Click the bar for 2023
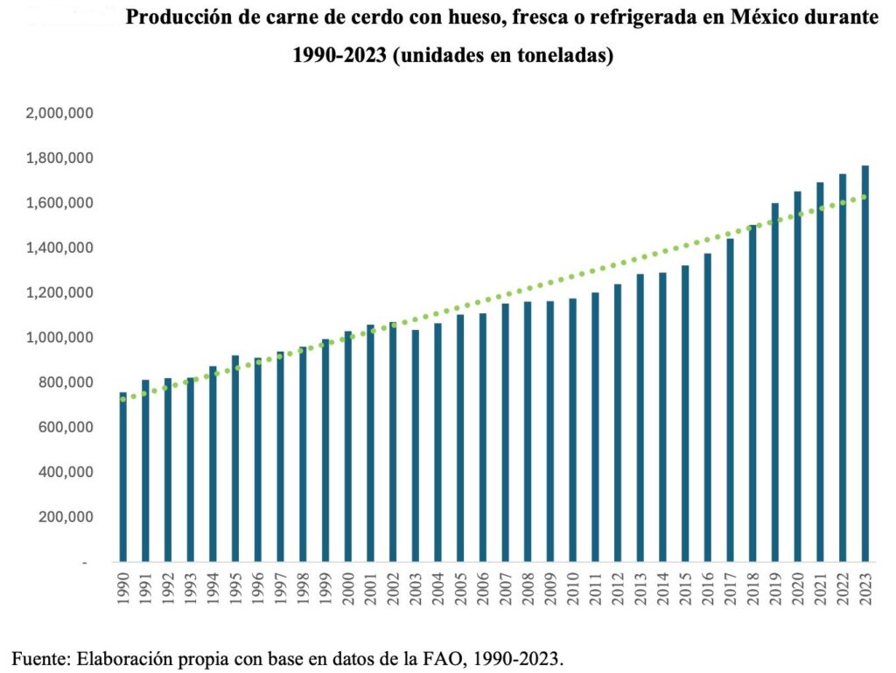click(864, 363)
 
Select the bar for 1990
click(122, 477)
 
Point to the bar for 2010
click(573, 430)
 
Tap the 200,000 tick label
click(67, 517)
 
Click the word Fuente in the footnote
click(37, 655)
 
